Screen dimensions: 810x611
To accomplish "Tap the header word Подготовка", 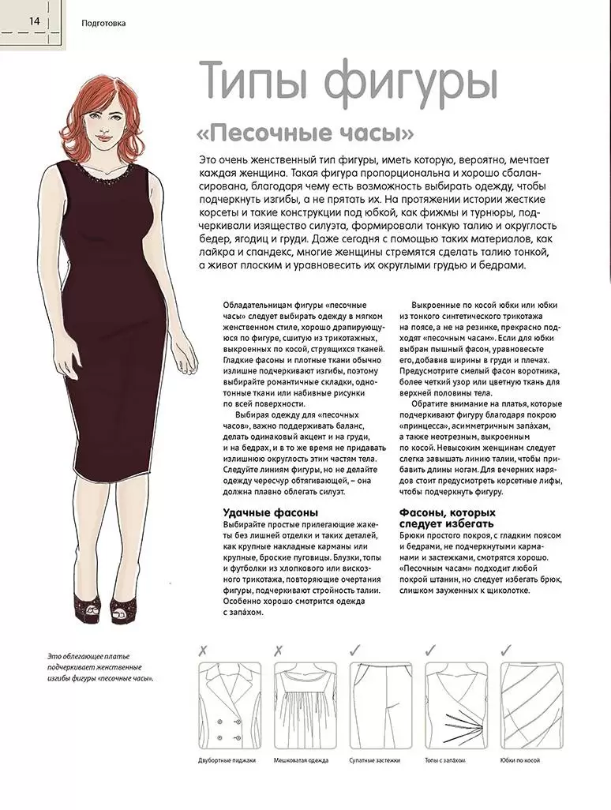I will click(x=103, y=23).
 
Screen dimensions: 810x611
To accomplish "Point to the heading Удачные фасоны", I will click(x=271, y=512).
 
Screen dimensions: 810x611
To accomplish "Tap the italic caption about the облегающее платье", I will click(x=98, y=667).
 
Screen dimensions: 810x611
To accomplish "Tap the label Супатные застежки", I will click(x=375, y=760).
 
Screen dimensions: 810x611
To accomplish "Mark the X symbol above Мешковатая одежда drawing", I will click(x=278, y=651).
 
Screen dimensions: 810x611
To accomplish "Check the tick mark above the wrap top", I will click(x=431, y=651).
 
